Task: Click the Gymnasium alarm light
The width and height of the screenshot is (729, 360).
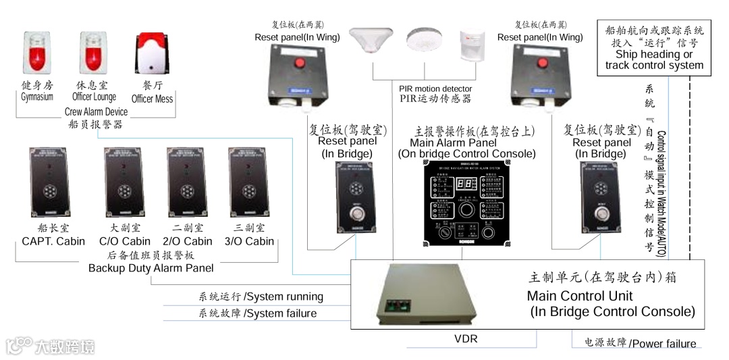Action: pos(37,53)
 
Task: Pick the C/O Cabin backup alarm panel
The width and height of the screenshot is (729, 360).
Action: pos(124,180)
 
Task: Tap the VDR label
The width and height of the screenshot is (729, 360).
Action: pos(466,339)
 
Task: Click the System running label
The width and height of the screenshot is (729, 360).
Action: pos(261,297)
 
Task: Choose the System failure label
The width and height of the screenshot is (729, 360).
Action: pos(257,313)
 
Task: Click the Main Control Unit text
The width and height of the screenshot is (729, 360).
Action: pos(580,296)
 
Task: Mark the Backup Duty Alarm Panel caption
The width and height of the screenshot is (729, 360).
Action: pos(151,268)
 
